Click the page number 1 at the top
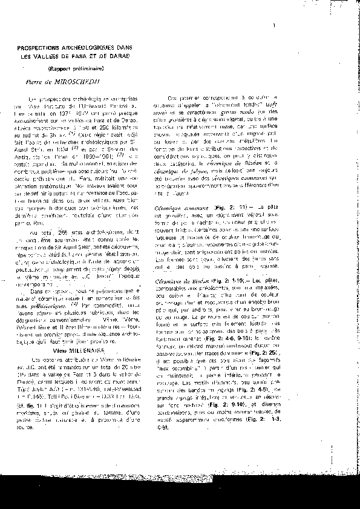274,25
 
